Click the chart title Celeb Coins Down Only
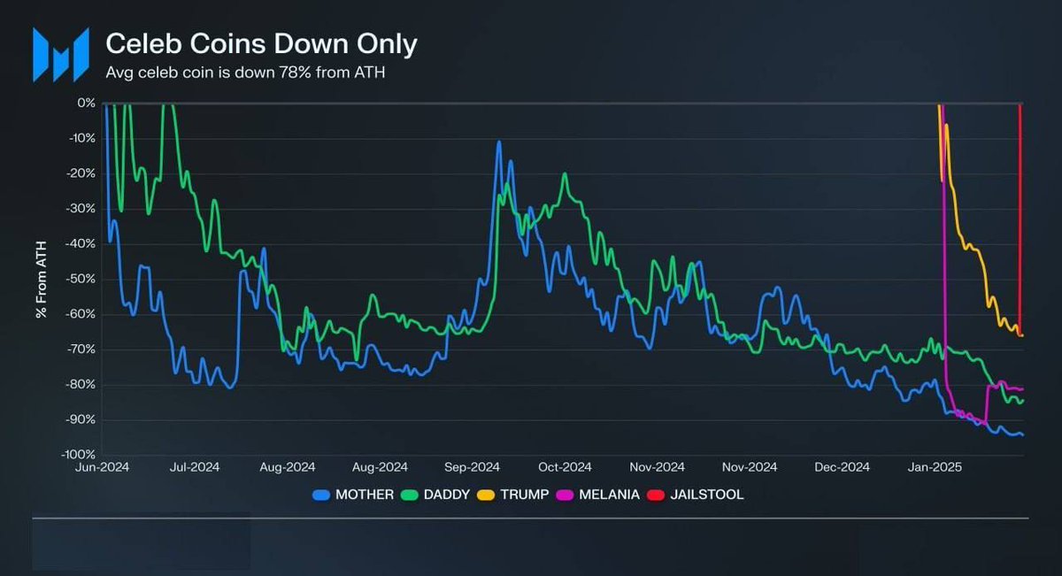pyautogui.click(x=261, y=43)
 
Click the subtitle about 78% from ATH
pyautogui.click(x=245, y=73)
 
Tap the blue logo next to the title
pyautogui.click(x=61, y=55)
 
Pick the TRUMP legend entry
pyautogui.click(x=518, y=495)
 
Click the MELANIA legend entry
pyautogui.click(x=602, y=495)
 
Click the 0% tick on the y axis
pyautogui.click(x=86, y=103)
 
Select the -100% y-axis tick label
pyautogui.click(x=78, y=454)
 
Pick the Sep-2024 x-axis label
pyautogui.click(x=473, y=467)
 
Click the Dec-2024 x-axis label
pyautogui.click(x=842, y=467)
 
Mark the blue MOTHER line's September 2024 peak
pyautogui.click(x=499, y=142)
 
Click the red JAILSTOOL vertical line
pyautogui.click(x=1020, y=221)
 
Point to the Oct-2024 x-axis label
pyautogui.click(x=565, y=467)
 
